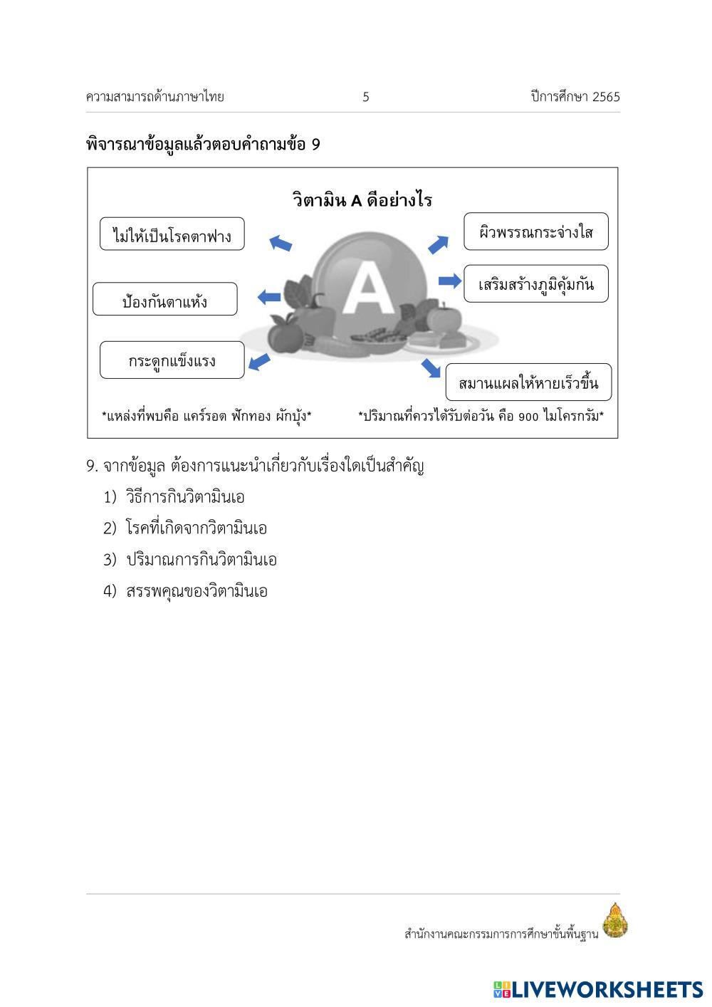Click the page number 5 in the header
pos(366,98)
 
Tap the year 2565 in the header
pos(606,98)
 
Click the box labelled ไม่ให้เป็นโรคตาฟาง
pos(172,234)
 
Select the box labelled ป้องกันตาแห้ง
pos(164,299)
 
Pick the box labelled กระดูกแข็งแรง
pos(172,360)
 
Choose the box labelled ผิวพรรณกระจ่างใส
pos(536,231)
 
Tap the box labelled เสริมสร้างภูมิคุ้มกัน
pos(536,284)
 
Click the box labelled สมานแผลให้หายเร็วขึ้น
pos(528,383)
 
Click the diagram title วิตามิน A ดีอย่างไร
pos(362,200)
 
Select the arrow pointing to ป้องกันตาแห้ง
pos(268,296)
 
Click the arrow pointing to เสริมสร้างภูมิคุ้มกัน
pos(450,281)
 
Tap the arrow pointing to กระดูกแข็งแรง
pos(259,362)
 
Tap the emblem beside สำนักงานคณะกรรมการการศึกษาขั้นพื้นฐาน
pos(614,920)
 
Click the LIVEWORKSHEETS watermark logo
pos(598,989)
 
